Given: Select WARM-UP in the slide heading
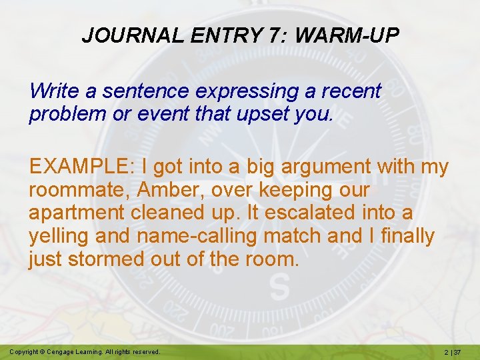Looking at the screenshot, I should (x=346, y=35).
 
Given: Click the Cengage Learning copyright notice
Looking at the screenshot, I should (x=85, y=351).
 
